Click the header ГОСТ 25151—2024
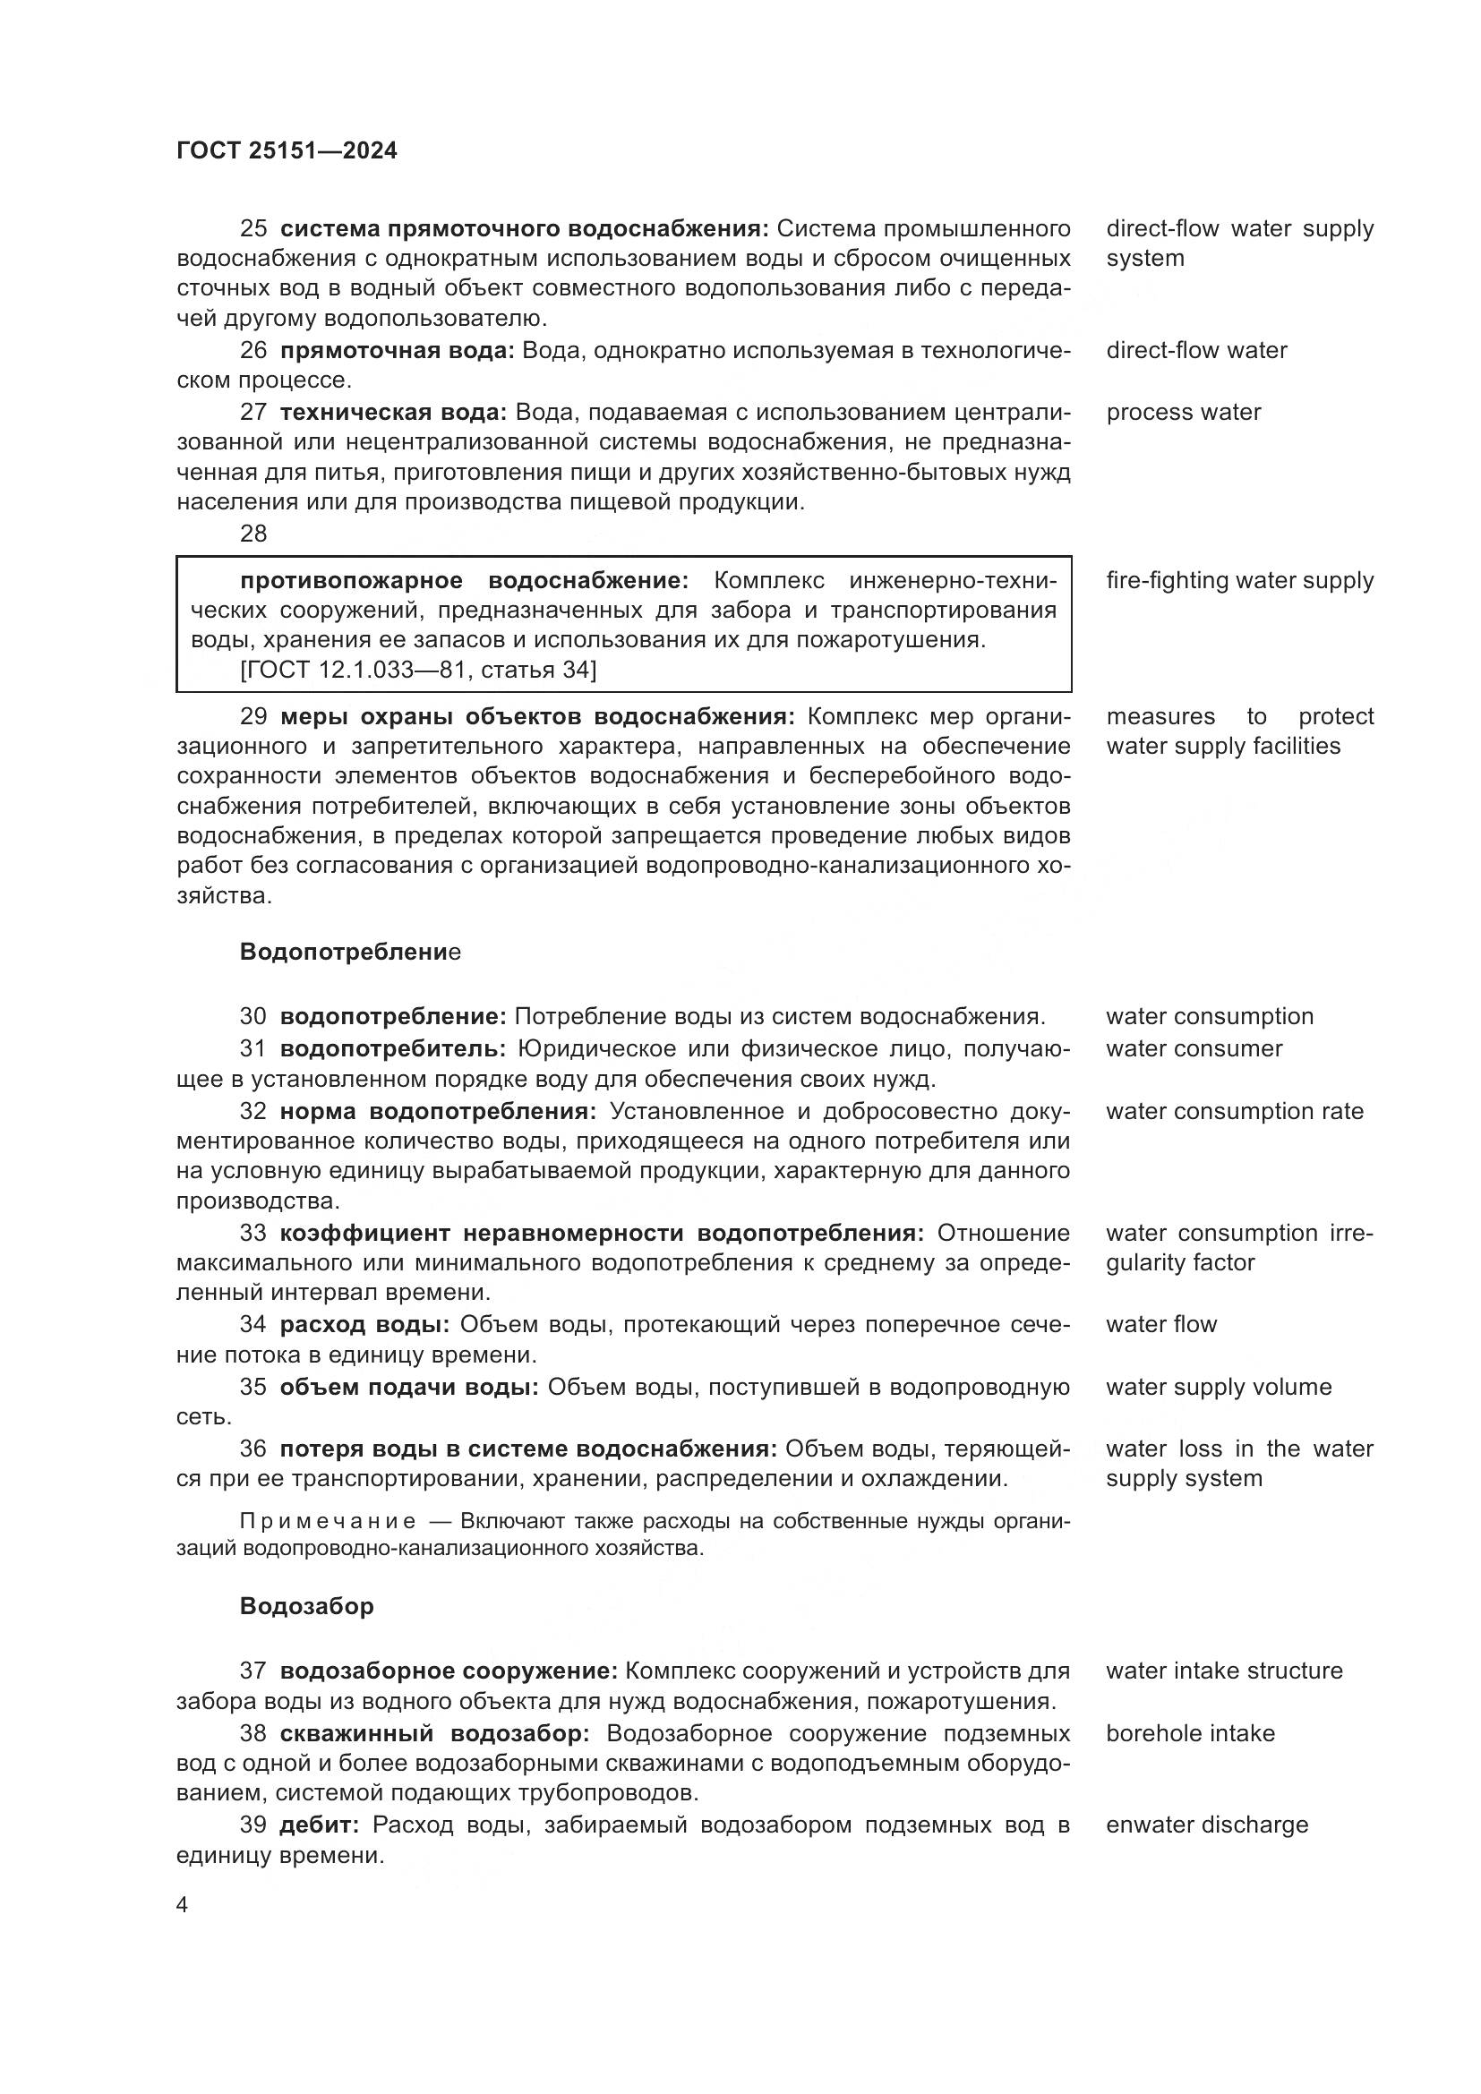[x=287, y=150]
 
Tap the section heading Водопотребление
[x=350, y=953]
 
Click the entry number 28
[x=253, y=534]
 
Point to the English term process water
[x=1183, y=412]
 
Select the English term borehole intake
[x=1190, y=1733]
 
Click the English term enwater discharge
[x=1206, y=1825]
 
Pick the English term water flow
[x=1161, y=1324]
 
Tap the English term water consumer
[x=1194, y=1049]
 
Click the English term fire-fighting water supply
[x=1239, y=580]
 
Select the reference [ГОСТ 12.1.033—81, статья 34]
[x=417, y=671]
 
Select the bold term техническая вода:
[x=393, y=412]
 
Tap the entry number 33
[x=253, y=1233]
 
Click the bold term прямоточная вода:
[x=397, y=350]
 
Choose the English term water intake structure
[x=1224, y=1671]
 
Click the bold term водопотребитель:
[x=393, y=1049]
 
